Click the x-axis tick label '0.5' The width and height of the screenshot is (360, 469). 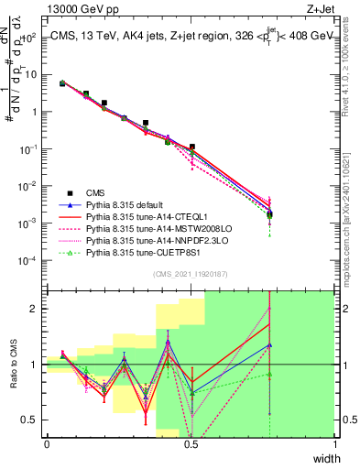(x=191, y=444)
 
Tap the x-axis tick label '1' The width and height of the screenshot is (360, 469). (x=335, y=444)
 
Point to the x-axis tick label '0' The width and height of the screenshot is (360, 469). (x=47, y=444)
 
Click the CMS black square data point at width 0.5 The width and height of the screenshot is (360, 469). (x=191, y=147)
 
